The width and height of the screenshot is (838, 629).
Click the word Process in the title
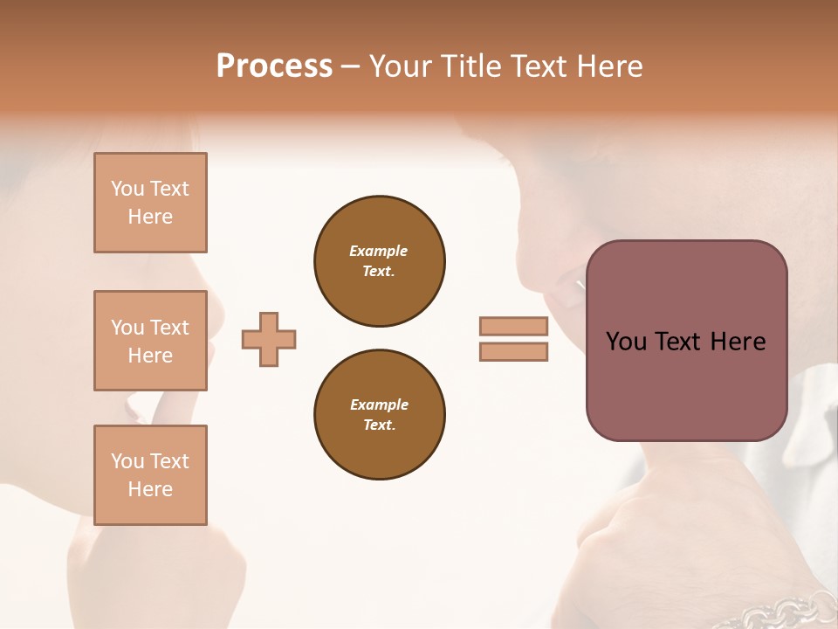tap(274, 66)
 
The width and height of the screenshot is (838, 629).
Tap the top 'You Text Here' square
tap(150, 203)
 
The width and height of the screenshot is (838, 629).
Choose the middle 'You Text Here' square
tap(150, 341)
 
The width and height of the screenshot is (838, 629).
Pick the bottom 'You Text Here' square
tap(150, 474)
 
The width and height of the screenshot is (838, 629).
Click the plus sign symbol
tap(269, 339)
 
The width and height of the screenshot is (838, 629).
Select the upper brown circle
tap(380, 261)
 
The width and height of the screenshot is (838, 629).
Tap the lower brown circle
tap(380, 415)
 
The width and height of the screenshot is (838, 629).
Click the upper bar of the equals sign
tap(513, 326)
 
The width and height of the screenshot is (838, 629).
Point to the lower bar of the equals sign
tap(513, 352)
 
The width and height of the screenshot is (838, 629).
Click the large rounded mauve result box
tap(686, 341)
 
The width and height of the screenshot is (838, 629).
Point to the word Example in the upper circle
tap(379, 251)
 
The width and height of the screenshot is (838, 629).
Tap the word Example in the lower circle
tap(379, 404)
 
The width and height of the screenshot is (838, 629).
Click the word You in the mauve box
tap(626, 342)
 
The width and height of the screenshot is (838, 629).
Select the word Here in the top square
tap(150, 217)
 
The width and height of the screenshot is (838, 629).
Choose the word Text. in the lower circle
tap(379, 425)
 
